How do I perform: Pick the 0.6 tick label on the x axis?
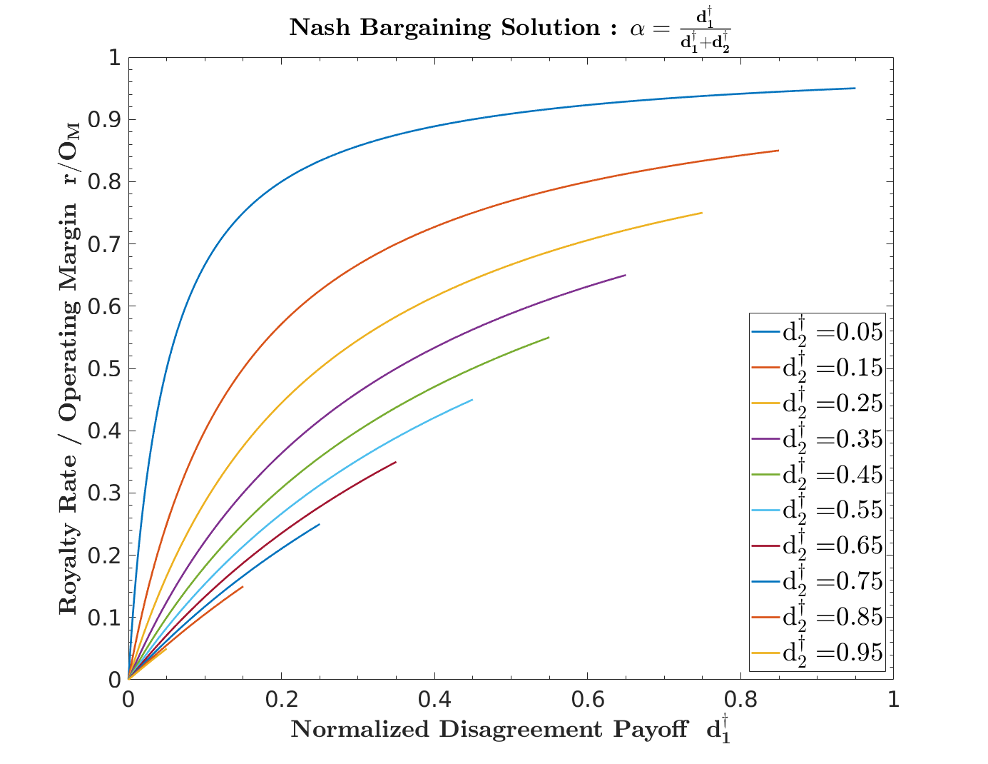point(587,700)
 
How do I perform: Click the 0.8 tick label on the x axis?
point(740,700)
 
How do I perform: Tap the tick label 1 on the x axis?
point(892,700)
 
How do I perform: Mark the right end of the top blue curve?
point(854,89)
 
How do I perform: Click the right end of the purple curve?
point(625,275)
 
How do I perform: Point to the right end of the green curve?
point(549,337)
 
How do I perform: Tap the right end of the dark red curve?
point(395,462)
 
